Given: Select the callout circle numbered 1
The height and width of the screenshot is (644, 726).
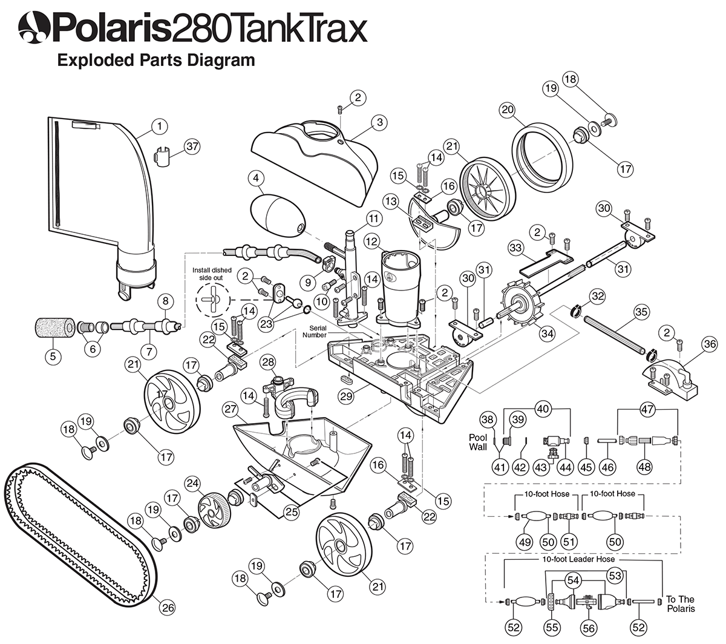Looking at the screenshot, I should pos(159,126).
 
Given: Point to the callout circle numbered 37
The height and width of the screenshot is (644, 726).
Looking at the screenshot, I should pos(192,146).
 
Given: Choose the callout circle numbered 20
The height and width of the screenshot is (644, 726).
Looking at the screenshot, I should pos(508,110).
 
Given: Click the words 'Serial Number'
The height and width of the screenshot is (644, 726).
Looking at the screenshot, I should pos(315,331).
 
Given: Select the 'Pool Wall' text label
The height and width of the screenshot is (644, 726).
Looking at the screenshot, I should pos(479,441).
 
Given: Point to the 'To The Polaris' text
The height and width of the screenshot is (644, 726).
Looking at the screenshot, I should pos(681,604).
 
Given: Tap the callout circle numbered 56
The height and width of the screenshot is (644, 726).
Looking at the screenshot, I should pos(587,629).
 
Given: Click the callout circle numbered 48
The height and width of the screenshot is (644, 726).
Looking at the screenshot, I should pos(646,467).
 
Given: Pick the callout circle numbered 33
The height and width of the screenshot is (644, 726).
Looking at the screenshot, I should pos(515,248).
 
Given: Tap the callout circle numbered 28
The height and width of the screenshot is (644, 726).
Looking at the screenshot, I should pos(268,362).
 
